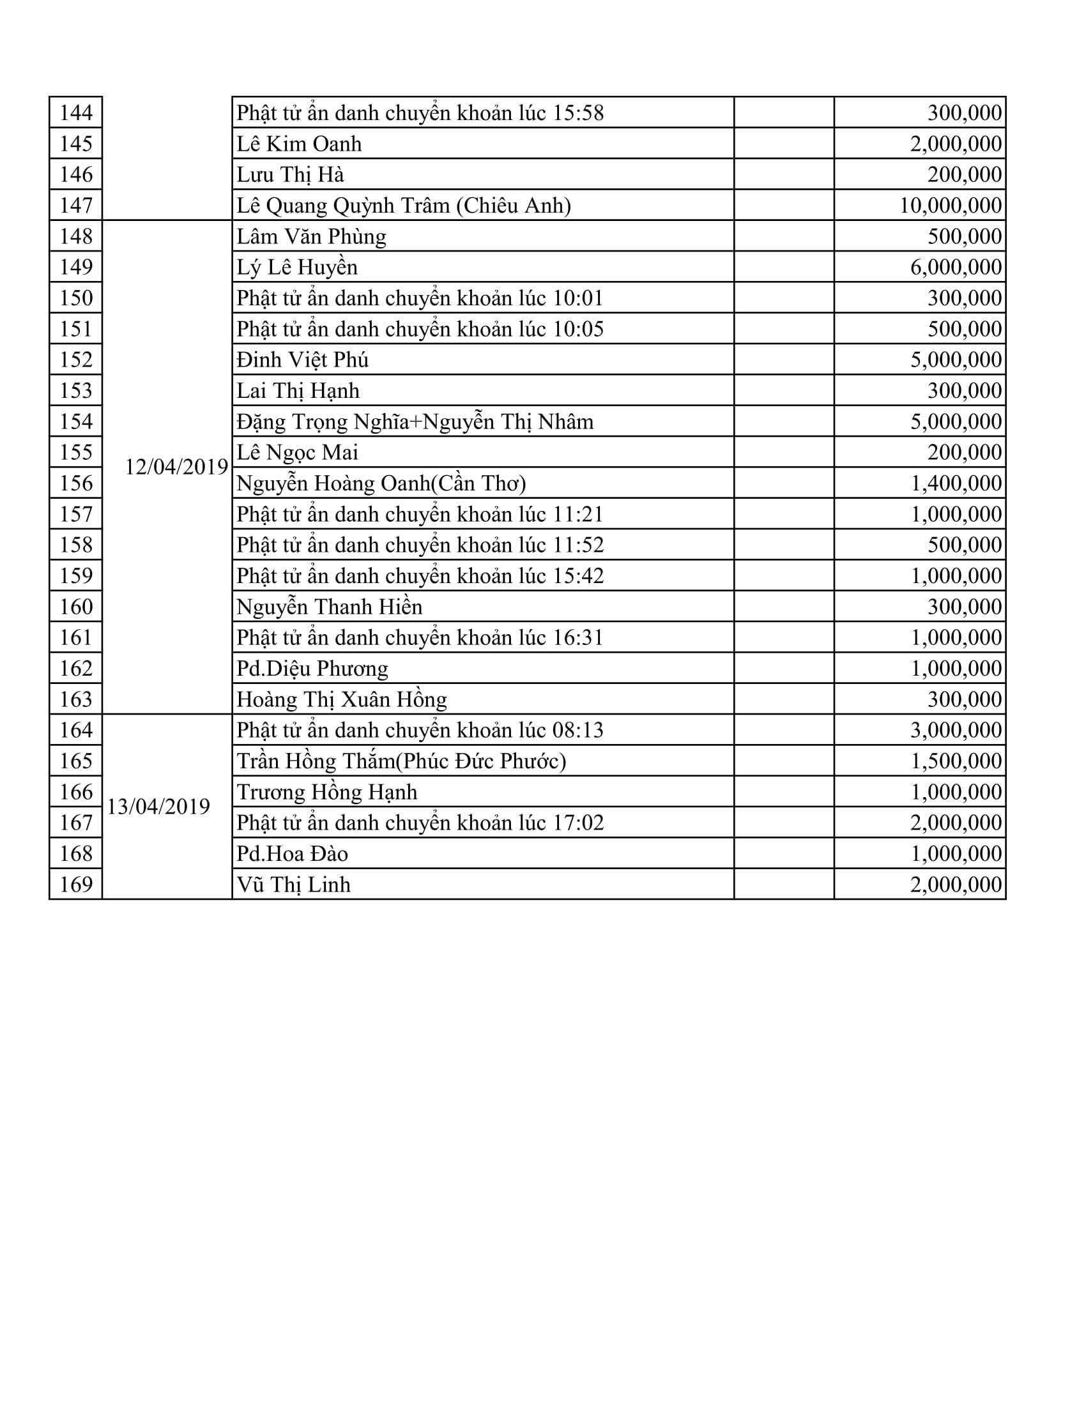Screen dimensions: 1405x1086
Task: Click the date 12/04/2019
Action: [176, 467]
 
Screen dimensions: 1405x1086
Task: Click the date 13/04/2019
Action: [158, 807]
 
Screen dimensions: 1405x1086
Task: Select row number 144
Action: [76, 113]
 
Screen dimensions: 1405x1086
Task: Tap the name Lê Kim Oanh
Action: [299, 144]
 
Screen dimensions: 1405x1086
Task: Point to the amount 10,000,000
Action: [951, 206]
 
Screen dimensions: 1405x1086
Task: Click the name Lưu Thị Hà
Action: [290, 175]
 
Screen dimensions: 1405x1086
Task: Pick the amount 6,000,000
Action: [956, 268]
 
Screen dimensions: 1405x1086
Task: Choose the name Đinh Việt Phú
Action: [302, 360]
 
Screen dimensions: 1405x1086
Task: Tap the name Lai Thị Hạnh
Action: [298, 391]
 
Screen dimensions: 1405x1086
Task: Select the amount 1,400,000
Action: [956, 484]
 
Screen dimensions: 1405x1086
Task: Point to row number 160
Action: [76, 607]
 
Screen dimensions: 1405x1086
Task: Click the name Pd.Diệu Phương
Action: [312, 669]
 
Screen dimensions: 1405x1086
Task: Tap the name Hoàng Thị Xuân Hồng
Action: [342, 700]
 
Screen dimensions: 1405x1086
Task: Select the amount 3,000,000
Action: [956, 731]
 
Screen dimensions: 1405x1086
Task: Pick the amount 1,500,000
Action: [956, 762]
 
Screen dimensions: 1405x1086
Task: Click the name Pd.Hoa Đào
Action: [292, 854]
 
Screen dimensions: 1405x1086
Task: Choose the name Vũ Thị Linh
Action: [293, 885]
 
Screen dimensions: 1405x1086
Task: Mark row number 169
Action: [76, 885]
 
